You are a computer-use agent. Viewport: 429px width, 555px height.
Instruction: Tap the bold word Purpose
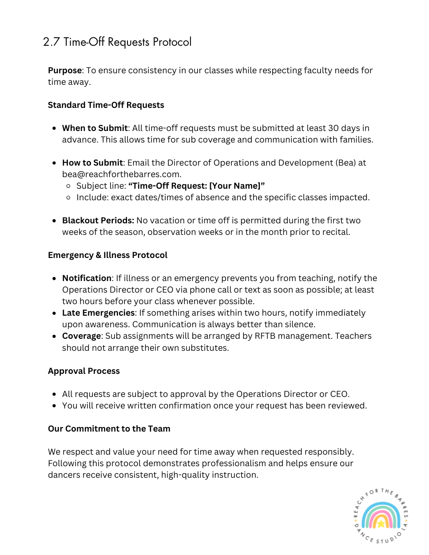(65, 71)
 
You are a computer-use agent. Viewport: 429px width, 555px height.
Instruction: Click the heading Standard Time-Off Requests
(106, 105)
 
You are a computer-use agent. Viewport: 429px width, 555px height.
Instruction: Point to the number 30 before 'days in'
(333, 128)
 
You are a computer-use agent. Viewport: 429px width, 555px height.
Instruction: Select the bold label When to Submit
(95, 128)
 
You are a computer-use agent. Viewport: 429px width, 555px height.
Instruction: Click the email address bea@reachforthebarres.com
(121, 174)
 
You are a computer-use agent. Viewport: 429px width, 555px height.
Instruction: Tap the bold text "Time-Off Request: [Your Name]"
(196, 186)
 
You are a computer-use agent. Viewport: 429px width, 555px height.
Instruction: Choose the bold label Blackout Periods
(98, 221)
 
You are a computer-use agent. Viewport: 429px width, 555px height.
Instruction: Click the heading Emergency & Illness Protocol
(107, 255)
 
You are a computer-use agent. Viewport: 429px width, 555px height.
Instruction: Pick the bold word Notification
(87, 278)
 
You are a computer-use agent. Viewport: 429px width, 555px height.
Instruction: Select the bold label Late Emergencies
(98, 313)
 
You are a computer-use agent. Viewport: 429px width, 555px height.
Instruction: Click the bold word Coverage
(81, 336)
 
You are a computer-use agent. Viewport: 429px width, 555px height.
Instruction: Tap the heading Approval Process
(84, 371)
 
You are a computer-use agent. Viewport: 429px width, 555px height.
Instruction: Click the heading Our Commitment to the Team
(109, 429)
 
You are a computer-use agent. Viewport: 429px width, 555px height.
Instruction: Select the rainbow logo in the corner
(381, 516)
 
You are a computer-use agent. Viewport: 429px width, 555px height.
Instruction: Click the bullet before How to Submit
(54, 163)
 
